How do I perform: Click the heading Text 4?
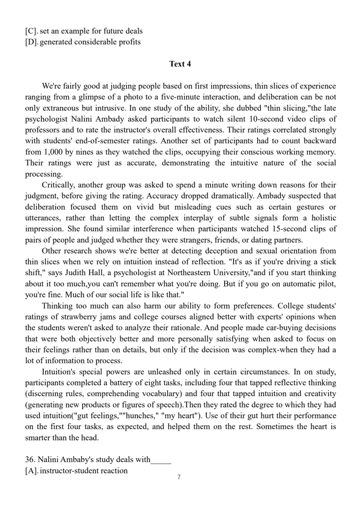coord(180,64)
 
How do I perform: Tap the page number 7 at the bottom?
coord(179,477)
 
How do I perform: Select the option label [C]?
coord(31,31)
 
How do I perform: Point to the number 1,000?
coord(52,152)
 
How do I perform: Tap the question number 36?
coord(30,460)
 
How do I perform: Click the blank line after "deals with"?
coord(161,460)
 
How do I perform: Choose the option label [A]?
coord(31,471)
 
